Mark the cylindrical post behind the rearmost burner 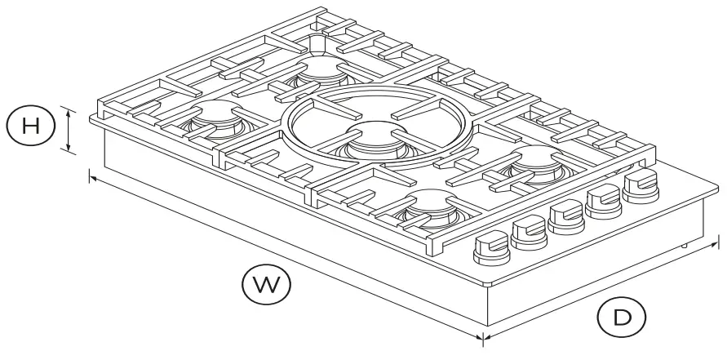(x=317, y=42)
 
